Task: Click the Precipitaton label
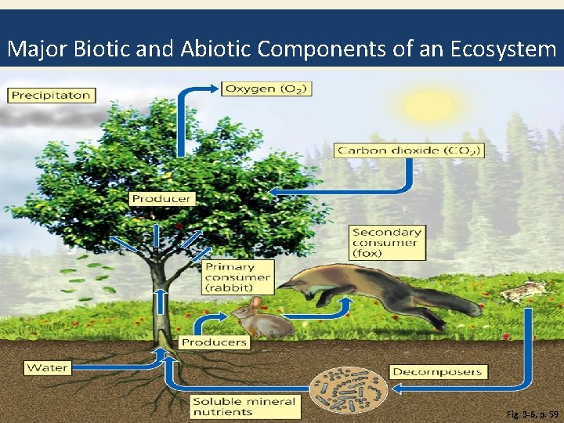51,96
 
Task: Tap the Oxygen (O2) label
267,89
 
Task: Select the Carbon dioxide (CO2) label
409,150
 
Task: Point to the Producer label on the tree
161,199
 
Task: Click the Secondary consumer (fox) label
387,243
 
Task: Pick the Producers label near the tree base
214,342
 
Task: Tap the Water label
48,367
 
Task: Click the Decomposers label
439,371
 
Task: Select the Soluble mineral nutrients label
245,406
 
